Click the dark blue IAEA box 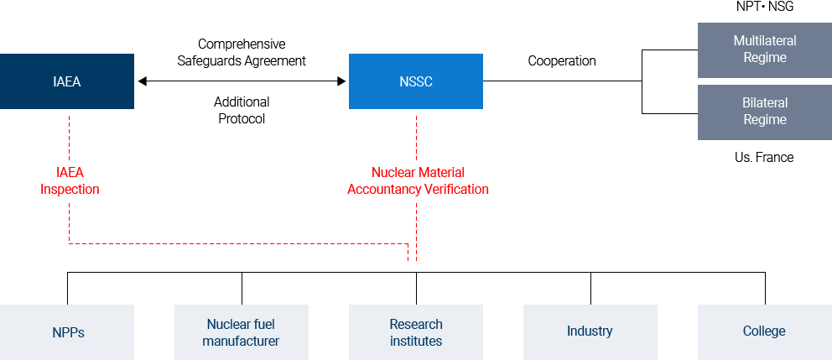[x=67, y=81]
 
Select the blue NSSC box [x=416, y=81]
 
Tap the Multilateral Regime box [x=764, y=50]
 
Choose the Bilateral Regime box [x=764, y=112]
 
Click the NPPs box [x=67, y=332]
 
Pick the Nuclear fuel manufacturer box [x=242, y=332]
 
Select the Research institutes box [x=416, y=332]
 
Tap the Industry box [x=590, y=331]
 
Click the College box [x=764, y=331]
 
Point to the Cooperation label [x=562, y=61]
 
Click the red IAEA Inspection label [x=70, y=181]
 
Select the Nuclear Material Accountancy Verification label [x=418, y=181]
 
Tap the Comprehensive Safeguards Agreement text [x=242, y=52]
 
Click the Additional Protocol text [x=242, y=111]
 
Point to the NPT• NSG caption [x=764, y=8]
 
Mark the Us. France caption [x=764, y=157]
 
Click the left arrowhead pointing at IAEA [x=143, y=81]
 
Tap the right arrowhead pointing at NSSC [x=341, y=81]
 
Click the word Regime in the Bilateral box [x=764, y=120]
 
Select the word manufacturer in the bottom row [x=242, y=341]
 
